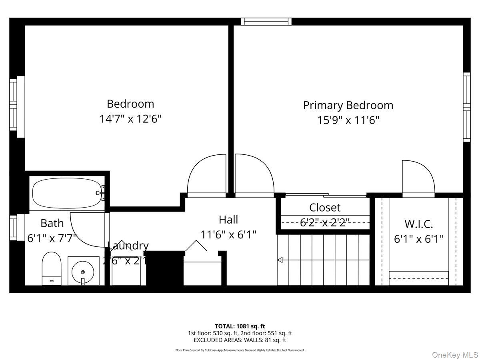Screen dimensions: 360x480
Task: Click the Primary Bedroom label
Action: (x=348, y=105)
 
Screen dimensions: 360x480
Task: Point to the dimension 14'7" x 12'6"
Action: (x=130, y=119)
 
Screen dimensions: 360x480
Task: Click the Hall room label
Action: (x=228, y=220)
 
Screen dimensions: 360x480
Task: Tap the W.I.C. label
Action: (x=419, y=224)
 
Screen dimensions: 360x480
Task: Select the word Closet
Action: (x=325, y=208)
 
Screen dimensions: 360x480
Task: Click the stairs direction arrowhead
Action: (x=280, y=260)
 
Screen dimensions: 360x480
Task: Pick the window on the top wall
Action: (x=266, y=21)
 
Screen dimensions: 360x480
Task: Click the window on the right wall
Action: (x=467, y=107)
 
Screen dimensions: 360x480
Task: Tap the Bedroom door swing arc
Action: (x=206, y=174)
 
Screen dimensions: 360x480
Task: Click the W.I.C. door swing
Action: (x=418, y=178)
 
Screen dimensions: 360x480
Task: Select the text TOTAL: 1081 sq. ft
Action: (x=240, y=326)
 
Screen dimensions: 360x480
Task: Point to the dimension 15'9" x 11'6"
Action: (x=348, y=120)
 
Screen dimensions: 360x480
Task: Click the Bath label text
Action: (x=52, y=223)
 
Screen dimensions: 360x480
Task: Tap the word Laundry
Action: (x=128, y=246)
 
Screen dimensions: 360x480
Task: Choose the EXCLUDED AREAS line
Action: (x=240, y=340)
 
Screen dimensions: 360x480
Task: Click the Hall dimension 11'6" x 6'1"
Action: (x=228, y=234)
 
